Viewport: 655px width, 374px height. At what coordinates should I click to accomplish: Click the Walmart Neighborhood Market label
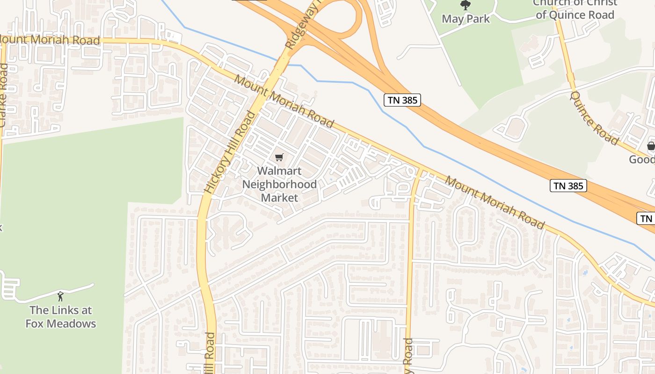pyautogui.click(x=279, y=184)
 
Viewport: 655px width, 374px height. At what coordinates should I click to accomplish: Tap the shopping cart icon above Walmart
pyautogui.click(x=279, y=158)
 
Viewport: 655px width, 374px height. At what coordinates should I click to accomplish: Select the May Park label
pyautogui.click(x=466, y=19)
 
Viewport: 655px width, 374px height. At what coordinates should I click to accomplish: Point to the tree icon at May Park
pyautogui.click(x=466, y=5)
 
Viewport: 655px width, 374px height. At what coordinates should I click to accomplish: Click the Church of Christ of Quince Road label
pyautogui.click(x=575, y=9)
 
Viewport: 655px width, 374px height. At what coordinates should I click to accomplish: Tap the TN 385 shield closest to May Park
pyautogui.click(x=402, y=100)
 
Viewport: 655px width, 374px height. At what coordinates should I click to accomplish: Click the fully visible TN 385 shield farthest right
pyautogui.click(x=568, y=186)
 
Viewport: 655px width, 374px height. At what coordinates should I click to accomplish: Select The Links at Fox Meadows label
pyautogui.click(x=60, y=316)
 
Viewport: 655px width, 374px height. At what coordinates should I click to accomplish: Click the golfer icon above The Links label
pyautogui.click(x=60, y=296)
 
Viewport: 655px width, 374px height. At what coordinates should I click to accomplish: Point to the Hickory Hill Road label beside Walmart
pyautogui.click(x=230, y=152)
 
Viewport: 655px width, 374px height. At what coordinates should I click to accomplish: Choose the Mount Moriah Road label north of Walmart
pyautogui.click(x=284, y=101)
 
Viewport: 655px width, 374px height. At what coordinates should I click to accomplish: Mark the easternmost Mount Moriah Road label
pyautogui.click(x=495, y=202)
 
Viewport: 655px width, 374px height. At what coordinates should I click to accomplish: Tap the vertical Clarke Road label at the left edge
pyautogui.click(x=4, y=96)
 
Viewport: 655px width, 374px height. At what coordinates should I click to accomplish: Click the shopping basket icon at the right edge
pyautogui.click(x=651, y=146)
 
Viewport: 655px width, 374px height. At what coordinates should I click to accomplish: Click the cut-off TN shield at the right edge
pyautogui.click(x=647, y=218)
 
